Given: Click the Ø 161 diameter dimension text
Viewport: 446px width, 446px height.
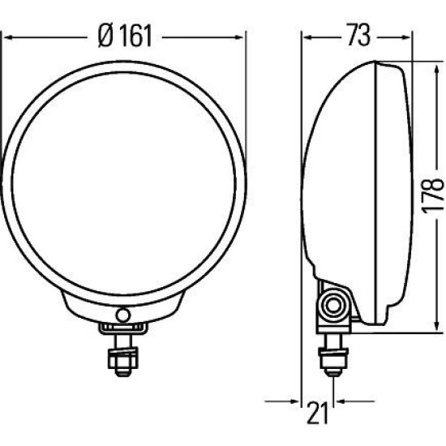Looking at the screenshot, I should pyautogui.click(x=125, y=36).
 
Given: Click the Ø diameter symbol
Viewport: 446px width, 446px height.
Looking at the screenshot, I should pyautogui.click(x=104, y=36).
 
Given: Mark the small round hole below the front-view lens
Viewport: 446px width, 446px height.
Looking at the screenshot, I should pyautogui.click(x=122, y=315).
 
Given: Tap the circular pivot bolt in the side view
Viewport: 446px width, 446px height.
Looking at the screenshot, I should pyautogui.click(x=331, y=306).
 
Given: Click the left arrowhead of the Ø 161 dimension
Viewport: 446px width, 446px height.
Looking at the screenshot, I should pyautogui.click(x=6, y=36).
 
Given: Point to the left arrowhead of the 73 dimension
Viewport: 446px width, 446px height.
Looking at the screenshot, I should pyautogui.click(x=307, y=36).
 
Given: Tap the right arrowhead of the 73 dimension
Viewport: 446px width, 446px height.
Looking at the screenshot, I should pyautogui.click(x=407, y=36).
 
